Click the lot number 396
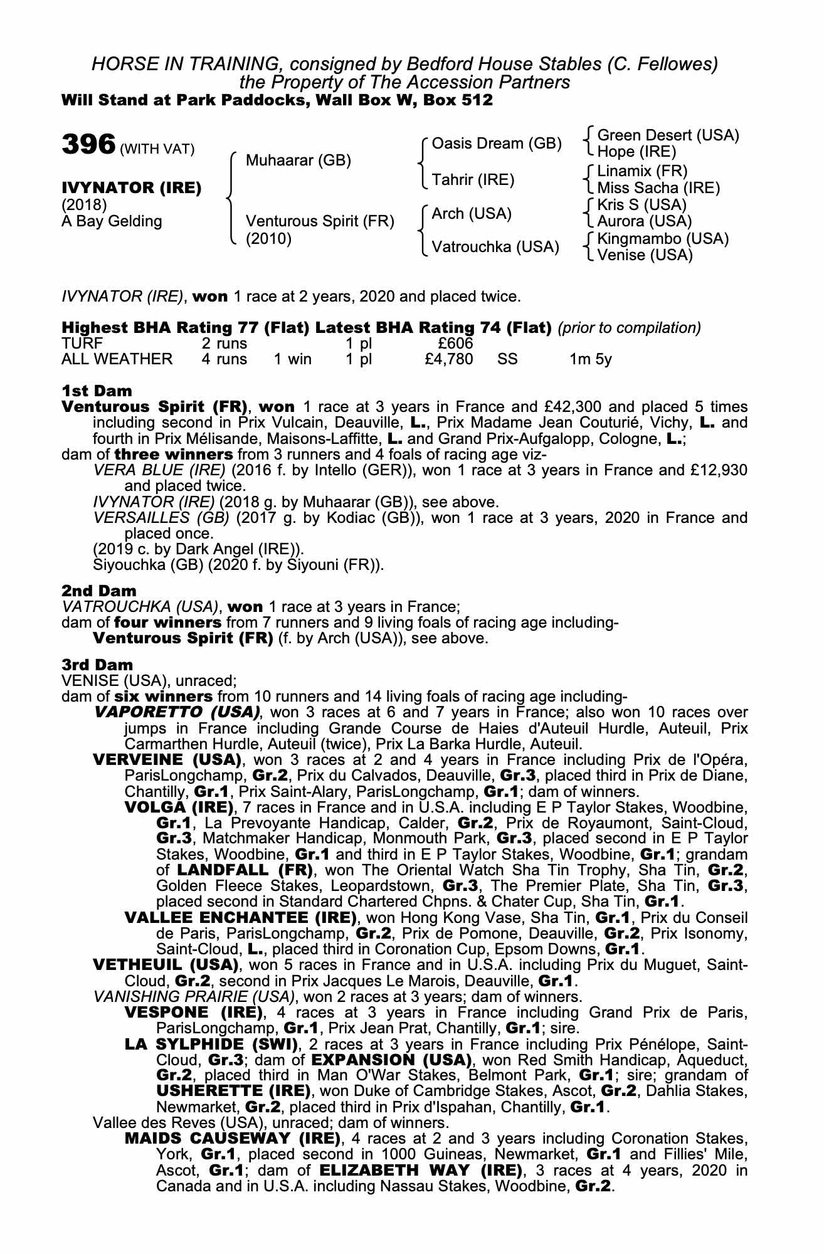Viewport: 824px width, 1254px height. click(88, 144)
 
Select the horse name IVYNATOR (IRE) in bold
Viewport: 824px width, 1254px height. click(132, 187)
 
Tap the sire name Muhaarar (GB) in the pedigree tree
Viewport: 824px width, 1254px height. click(298, 161)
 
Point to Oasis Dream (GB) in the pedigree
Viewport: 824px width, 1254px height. click(497, 144)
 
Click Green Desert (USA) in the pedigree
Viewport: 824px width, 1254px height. click(668, 135)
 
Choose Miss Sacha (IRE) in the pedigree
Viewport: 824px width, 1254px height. click(658, 187)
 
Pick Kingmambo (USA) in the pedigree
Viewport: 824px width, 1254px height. click(663, 238)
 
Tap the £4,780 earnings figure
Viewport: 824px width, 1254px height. click(448, 359)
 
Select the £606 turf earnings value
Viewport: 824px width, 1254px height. click(455, 343)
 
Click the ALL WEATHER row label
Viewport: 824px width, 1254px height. click(117, 359)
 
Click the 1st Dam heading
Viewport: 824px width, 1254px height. click(97, 391)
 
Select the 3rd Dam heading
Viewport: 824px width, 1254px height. click(97, 665)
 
